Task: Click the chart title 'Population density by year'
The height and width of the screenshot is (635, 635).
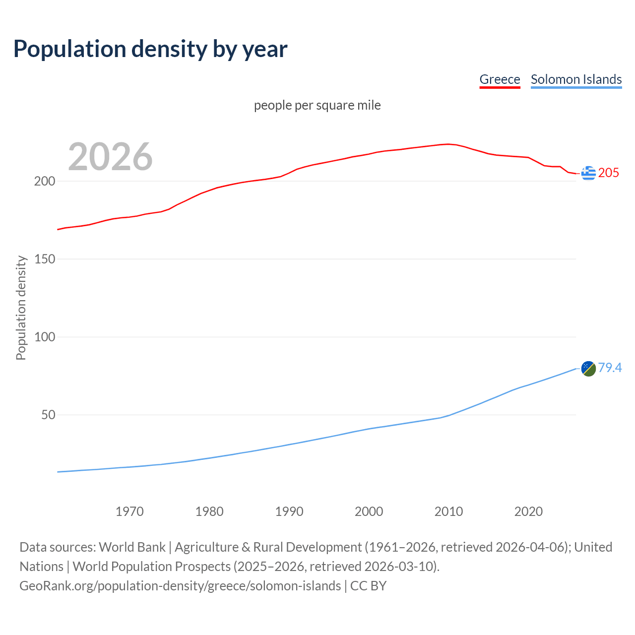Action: click(x=150, y=49)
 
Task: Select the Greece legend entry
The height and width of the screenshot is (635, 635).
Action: click(x=500, y=79)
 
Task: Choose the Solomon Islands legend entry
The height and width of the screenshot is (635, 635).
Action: click(x=576, y=79)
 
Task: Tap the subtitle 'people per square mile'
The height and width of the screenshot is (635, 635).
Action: click(x=317, y=105)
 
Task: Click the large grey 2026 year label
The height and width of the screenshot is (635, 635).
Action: click(x=110, y=157)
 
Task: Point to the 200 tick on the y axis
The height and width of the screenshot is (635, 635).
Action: click(x=45, y=181)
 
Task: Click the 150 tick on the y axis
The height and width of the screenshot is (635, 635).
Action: click(x=45, y=259)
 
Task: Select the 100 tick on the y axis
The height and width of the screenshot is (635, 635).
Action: click(x=45, y=337)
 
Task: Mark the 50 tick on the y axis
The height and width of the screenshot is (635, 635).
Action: click(x=48, y=415)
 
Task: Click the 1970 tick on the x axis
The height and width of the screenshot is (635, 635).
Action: click(x=129, y=511)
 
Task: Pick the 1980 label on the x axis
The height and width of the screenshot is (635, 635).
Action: click(x=209, y=511)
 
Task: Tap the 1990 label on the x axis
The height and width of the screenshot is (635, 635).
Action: click(x=289, y=511)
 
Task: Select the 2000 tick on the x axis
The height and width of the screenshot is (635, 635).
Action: click(x=369, y=511)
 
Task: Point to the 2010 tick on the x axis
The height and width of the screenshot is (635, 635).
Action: click(x=448, y=511)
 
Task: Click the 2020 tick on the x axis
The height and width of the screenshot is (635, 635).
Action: click(x=528, y=511)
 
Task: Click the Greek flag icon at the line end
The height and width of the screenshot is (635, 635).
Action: click(x=588, y=173)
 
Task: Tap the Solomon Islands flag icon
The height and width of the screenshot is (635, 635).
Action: click(x=588, y=369)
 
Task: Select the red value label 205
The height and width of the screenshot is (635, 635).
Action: click(x=609, y=173)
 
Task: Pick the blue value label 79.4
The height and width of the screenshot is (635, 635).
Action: click(x=610, y=368)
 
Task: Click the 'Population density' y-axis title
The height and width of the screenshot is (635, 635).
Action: click(x=21, y=308)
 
